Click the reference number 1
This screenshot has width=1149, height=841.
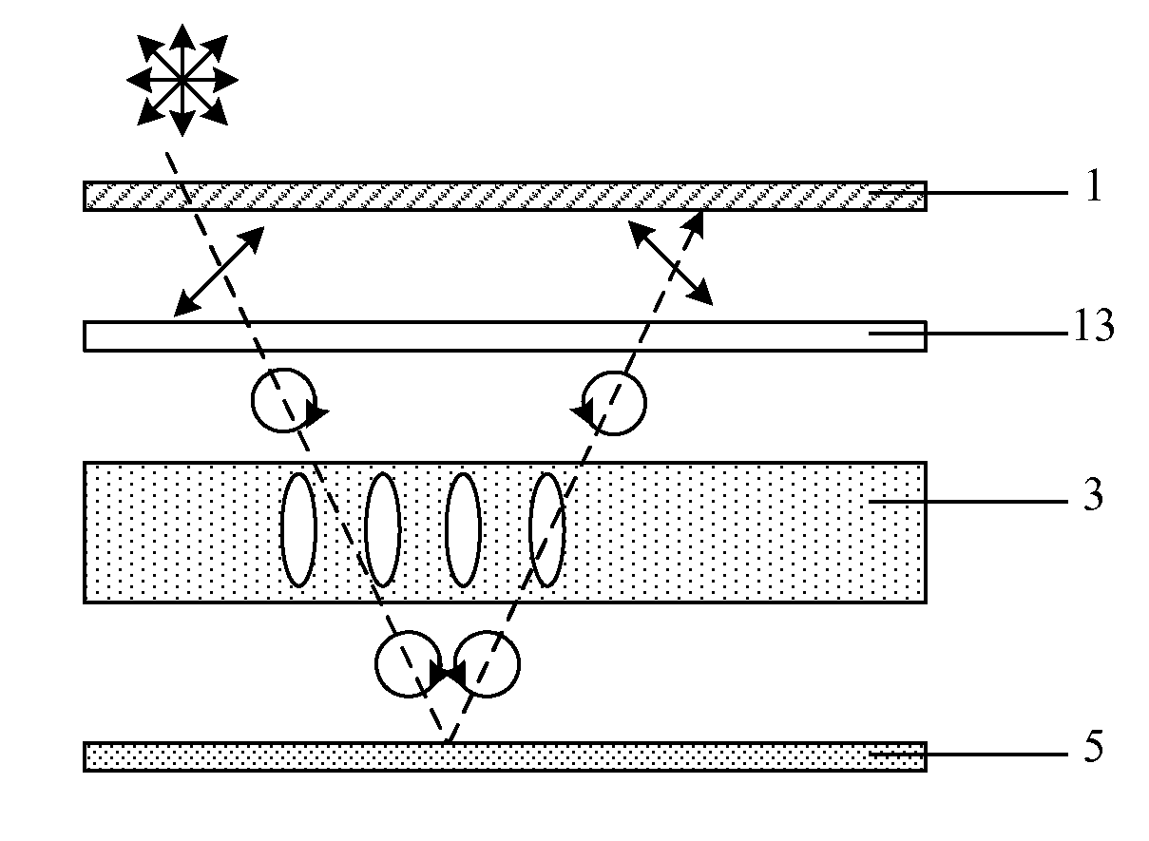pos(1094,185)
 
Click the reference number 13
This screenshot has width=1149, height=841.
pos(1094,325)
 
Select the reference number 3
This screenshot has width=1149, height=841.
pos(1094,494)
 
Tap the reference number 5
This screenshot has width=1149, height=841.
pos(1094,747)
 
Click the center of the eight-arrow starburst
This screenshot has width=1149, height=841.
pos(182,80)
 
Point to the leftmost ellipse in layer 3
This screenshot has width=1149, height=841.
pos(298,529)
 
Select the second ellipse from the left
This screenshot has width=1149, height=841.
pos(383,529)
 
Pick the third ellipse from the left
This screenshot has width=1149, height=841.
pos(463,529)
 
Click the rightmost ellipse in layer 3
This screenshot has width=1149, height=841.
pos(547,529)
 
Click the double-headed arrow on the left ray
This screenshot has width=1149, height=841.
pos(219,271)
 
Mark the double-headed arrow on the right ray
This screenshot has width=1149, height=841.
pos(670,263)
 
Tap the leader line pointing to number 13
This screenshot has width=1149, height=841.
pos(968,334)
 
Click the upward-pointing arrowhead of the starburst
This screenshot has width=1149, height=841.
pos(182,38)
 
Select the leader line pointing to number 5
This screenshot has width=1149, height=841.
pos(968,755)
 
